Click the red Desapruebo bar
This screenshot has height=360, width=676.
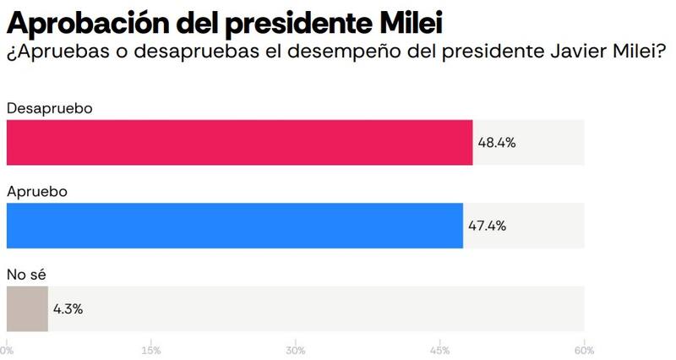(x=239, y=142)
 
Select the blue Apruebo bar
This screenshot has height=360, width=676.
(x=234, y=226)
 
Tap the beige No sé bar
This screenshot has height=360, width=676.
(x=27, y=308)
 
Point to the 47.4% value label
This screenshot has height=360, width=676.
(x=487, y=226)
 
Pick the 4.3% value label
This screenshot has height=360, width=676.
(x=68, y=308)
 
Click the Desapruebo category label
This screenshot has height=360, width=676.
(x=49, y=109)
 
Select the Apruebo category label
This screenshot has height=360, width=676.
(x=36, y=192)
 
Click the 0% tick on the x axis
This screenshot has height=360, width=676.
(x=7, y=350)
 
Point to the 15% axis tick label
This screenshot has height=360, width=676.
(x=151, y=350)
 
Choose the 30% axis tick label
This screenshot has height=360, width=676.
(x=295, y=350)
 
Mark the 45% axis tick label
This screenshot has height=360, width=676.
(x=439, y=350)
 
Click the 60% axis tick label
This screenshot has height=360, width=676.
(x=584, y=350)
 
